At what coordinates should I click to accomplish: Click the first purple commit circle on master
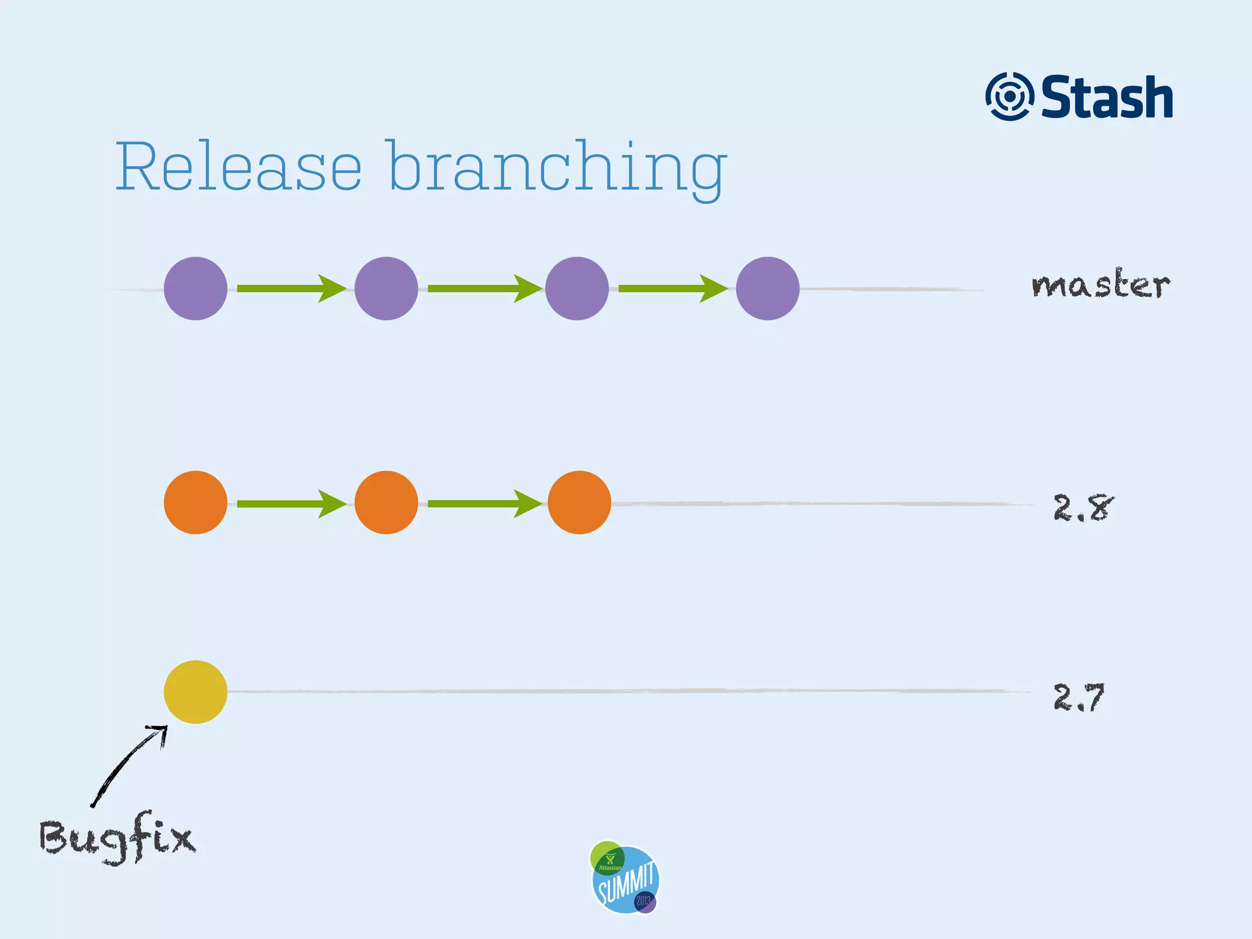196,289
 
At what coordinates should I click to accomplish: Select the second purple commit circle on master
386,289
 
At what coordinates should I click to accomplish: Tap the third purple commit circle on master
577,289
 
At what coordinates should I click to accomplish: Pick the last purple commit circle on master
768,289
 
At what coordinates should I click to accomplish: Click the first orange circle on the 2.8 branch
196,503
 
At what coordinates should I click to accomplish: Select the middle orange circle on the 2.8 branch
386,503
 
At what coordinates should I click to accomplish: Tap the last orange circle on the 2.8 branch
580,503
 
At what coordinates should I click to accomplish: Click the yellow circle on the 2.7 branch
196,692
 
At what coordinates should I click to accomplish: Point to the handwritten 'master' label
1100,285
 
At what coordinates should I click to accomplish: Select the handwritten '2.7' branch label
1079,697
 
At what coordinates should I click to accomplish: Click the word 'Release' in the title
238,166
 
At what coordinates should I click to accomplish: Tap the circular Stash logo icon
1009,97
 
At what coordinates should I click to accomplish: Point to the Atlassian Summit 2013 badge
625,878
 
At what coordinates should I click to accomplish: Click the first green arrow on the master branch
291,289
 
